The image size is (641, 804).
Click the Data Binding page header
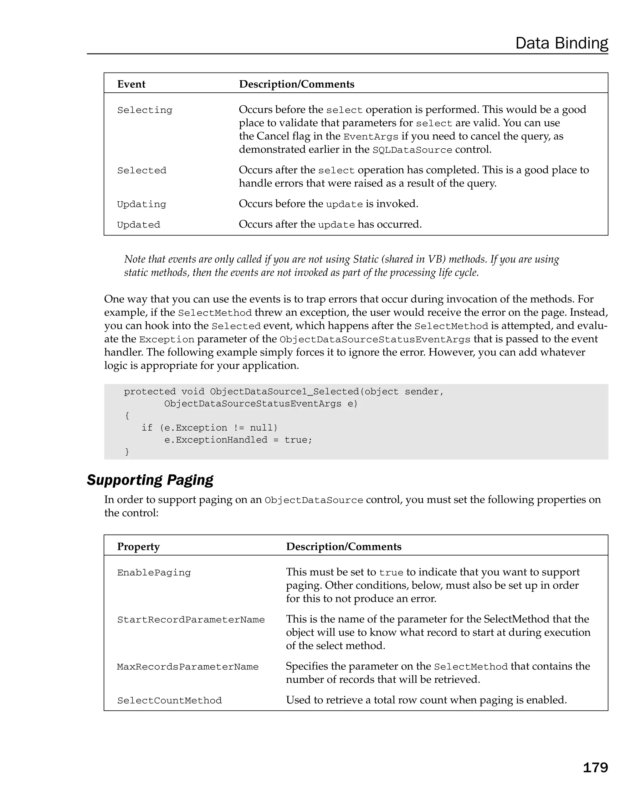561,43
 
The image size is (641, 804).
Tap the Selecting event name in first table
145,110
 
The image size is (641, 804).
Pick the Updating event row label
141,204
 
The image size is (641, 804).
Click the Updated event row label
138,225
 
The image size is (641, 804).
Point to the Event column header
131,84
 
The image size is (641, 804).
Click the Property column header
138,546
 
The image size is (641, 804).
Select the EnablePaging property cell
154,573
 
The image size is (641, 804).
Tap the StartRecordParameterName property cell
191,620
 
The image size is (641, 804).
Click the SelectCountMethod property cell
169,701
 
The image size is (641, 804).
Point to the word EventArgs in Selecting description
371,137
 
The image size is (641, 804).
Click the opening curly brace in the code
127,415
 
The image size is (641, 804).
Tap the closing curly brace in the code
127,452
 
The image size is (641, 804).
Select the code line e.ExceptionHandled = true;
238,440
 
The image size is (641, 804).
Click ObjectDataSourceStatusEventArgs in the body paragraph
375,339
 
